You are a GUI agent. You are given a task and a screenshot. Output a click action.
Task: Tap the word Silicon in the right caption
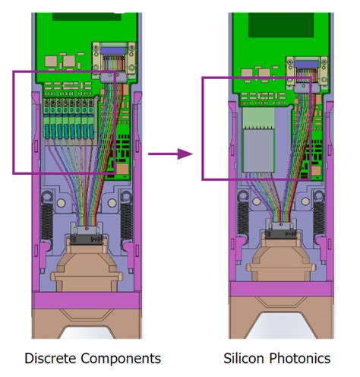click(x=244, y=359)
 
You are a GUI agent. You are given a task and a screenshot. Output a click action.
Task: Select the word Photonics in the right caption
click(x=300, y=359)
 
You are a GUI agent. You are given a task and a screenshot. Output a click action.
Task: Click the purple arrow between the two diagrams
click(x=170, y=154)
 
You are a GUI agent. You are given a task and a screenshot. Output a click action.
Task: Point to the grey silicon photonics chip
click(x=258, y=150)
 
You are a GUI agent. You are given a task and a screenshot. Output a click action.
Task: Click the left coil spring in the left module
click(x=47, y=221)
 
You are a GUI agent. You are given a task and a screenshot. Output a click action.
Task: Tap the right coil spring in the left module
click(x=126, y=221)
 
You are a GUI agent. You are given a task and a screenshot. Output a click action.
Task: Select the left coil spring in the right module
click(x=243, y=218)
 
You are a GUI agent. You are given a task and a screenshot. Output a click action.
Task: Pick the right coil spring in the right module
click(x=319, y=218)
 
